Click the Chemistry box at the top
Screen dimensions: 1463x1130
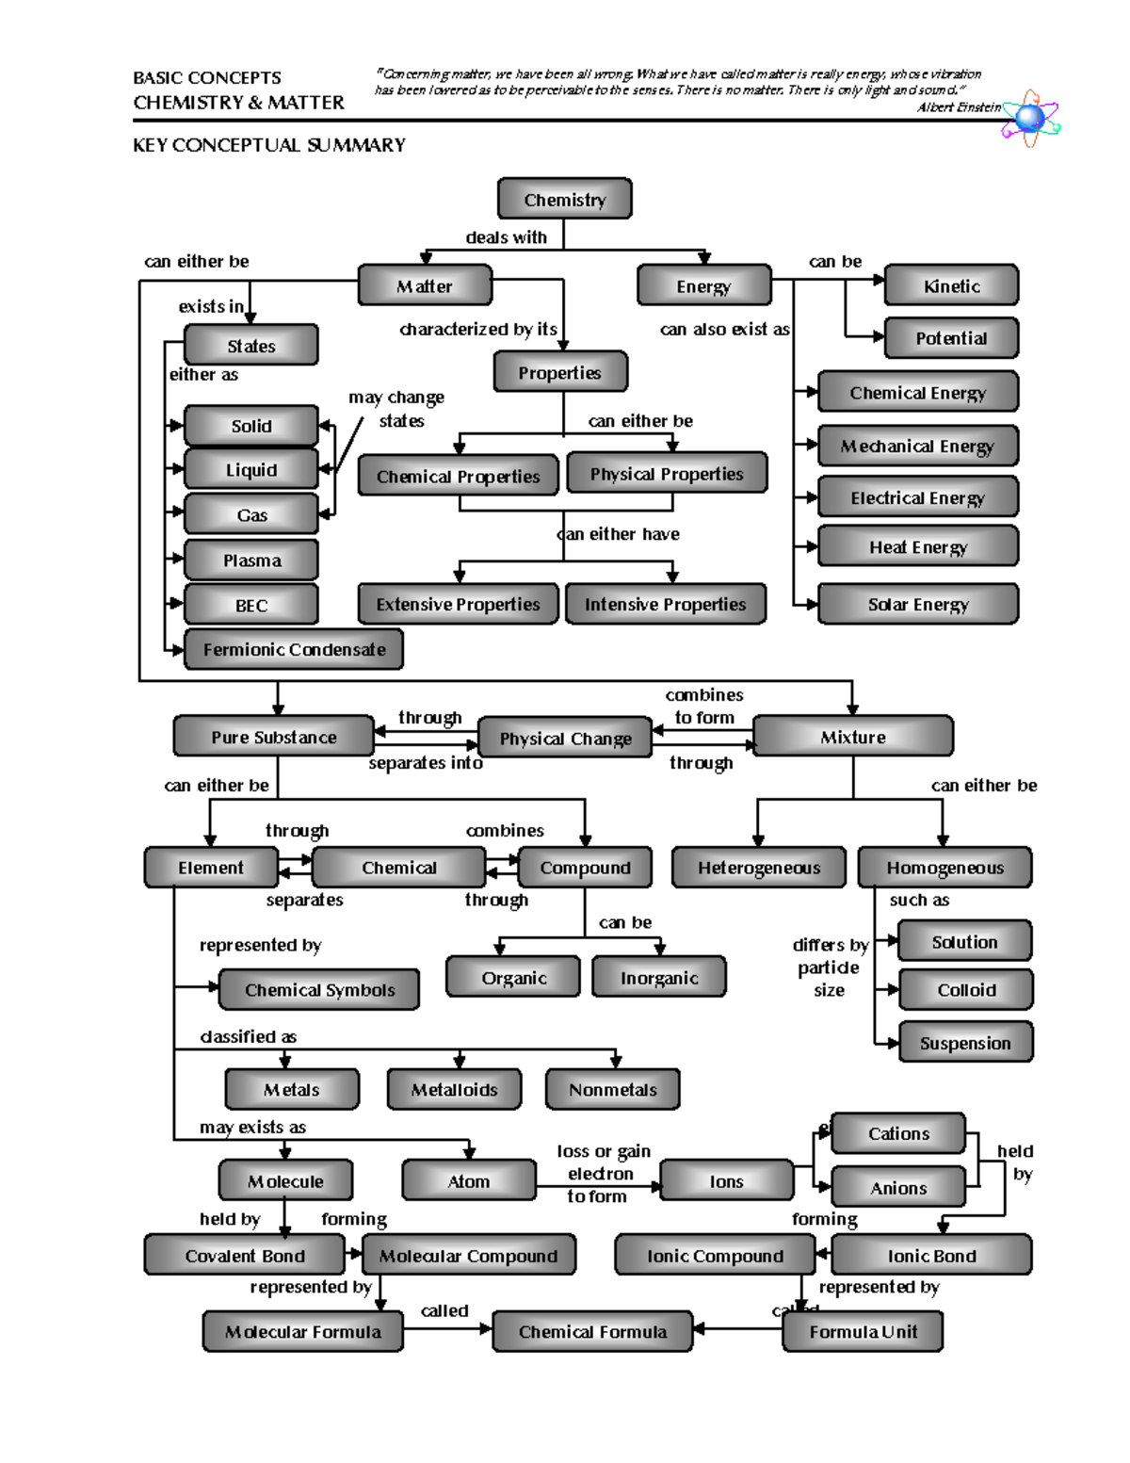[564, 199]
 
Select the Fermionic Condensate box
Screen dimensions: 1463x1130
[294, 649]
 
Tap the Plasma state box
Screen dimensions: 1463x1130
[251, 561]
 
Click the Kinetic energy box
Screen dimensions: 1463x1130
[951, 285]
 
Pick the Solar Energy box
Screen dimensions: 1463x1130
[918, 604]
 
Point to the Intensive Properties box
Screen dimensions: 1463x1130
[665, 604]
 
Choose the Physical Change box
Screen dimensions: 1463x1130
[565, 738]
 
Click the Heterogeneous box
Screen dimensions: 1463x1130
[758, 868]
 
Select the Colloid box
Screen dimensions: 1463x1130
[965, 990]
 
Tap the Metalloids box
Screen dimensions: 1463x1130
[454, 1089]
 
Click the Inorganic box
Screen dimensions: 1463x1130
[659, 978]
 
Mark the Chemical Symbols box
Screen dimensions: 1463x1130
[319, 990]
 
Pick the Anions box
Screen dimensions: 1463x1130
[898, 1188]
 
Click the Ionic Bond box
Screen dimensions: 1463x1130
[931, 1256]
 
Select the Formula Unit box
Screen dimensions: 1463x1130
[863, 1331]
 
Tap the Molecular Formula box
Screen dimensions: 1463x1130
[302, 1331]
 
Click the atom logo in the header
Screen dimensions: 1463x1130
[1030, 119]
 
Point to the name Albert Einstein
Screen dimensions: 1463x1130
[959, 107]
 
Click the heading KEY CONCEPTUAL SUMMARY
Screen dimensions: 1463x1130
[269, 145]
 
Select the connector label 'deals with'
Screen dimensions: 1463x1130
[506, 237]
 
